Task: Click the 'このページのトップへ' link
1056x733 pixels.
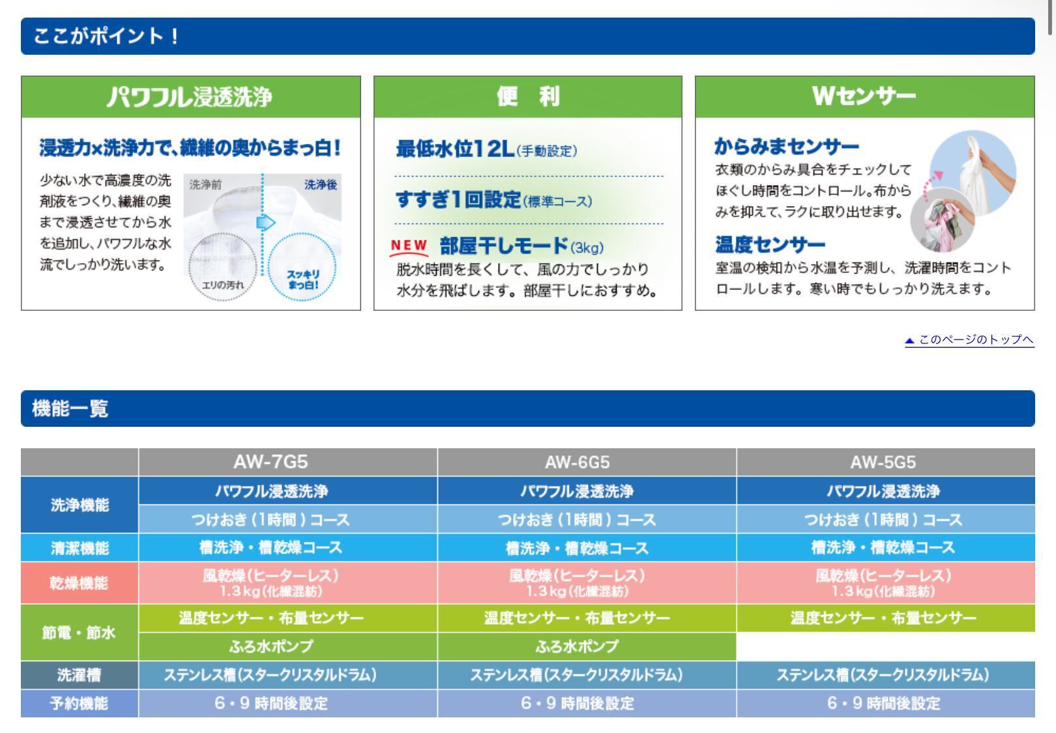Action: click(x=970, y=339)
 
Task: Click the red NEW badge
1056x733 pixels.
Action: click(x=409, y=246)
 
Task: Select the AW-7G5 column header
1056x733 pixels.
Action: click(x=271, y=462)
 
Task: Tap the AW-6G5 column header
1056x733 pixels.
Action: click(x=577, y=462)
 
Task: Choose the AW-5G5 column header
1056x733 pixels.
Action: click(x=883, y=462)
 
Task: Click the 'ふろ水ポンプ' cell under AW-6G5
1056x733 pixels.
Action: click(x=577, y=646)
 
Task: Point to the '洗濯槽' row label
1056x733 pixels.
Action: click(x=80, y=674)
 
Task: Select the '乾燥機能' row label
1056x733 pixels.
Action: click(x=80, y=582)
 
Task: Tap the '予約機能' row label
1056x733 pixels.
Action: click(x=80, y=703)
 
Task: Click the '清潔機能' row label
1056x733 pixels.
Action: click(x=80, y=548)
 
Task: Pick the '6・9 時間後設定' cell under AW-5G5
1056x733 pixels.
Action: click(x=883, y=703)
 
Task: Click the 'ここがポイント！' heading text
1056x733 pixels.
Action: click(x=106, y=36)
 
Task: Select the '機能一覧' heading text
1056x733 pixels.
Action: click(x=70, y=409)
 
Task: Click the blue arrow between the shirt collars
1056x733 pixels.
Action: click(x=265, y=222)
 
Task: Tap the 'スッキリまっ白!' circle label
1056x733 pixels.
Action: click(x=303, y=280)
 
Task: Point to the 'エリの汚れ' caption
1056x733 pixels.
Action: click(x=222, y=285)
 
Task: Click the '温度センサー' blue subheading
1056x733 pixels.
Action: click(x=770, y=244)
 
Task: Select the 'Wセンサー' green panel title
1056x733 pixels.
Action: click(x=864, y=96)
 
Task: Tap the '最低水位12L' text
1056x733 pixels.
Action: click(x=455, y=149)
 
